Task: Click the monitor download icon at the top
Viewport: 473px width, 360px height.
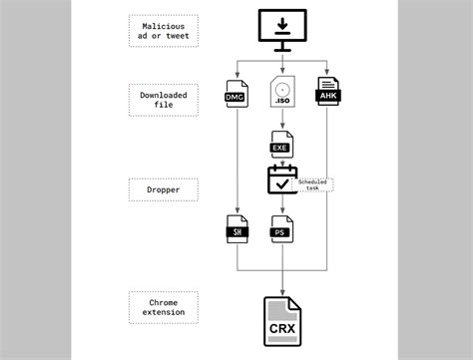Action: point(282,29)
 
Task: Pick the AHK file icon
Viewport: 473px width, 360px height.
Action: point(328,92)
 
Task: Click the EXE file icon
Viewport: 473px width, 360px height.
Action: point(282,144)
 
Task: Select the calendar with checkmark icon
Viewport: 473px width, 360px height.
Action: point(282,180)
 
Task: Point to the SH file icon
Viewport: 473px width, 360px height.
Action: point(237,228)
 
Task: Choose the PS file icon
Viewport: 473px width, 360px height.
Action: point(282,228)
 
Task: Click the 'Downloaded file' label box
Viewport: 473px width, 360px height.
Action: point(164,98)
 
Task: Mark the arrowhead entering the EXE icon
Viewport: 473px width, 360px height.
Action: point(282,127)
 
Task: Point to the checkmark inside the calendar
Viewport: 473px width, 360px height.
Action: point(282,183)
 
